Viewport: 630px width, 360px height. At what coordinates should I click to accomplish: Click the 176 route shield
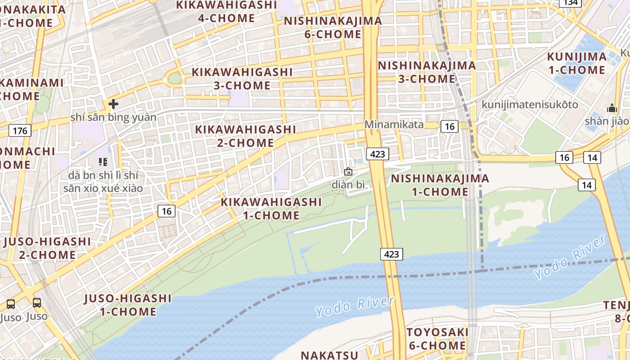[x=20, y=131]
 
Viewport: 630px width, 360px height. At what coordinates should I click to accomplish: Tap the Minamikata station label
[x=394, y=124]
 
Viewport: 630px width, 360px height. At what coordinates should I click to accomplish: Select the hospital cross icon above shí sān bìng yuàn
[x=113, y=104]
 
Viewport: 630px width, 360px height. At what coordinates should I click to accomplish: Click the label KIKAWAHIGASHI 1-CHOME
[x=271, y=208]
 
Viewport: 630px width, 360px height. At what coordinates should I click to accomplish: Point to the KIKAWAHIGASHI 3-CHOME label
[x=242, y=78]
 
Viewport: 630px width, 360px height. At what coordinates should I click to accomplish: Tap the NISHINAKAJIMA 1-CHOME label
[x=440, y=185]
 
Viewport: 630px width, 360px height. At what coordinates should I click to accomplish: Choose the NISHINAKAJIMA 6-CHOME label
[x=333, y=27]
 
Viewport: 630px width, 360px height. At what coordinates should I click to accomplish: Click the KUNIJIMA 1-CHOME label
[x=576, y=63]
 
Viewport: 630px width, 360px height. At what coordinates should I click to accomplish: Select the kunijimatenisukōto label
[x=530, y=105]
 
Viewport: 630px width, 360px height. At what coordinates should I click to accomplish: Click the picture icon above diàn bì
[x=348, y=171]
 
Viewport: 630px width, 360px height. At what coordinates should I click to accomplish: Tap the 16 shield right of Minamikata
[x=449, y=126]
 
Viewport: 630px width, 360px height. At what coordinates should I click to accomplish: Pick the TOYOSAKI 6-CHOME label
[x=437, y=339]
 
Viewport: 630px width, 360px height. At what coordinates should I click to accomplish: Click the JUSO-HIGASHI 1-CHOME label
[x=128, y=305]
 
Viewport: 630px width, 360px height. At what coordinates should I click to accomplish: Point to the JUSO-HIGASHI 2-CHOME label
[x=47, y=248]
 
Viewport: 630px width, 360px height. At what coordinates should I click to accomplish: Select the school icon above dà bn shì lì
[x=103, y=161]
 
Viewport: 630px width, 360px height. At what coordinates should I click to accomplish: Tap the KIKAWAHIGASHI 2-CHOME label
[x=246, y=136]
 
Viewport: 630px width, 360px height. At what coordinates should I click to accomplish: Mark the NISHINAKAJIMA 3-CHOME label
[x=427, y=72]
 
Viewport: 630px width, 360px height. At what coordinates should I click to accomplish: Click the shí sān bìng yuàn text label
[x=113, y=117]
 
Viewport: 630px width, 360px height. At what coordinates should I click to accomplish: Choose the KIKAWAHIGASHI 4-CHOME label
[x=226, y=12]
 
